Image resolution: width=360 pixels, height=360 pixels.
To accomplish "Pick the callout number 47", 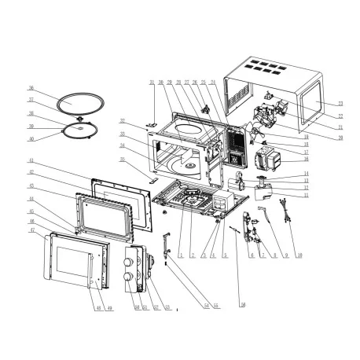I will coord(31,230).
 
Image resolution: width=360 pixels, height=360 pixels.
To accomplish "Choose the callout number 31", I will coord(151,82).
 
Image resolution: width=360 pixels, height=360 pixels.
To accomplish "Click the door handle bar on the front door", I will coord(94,267).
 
